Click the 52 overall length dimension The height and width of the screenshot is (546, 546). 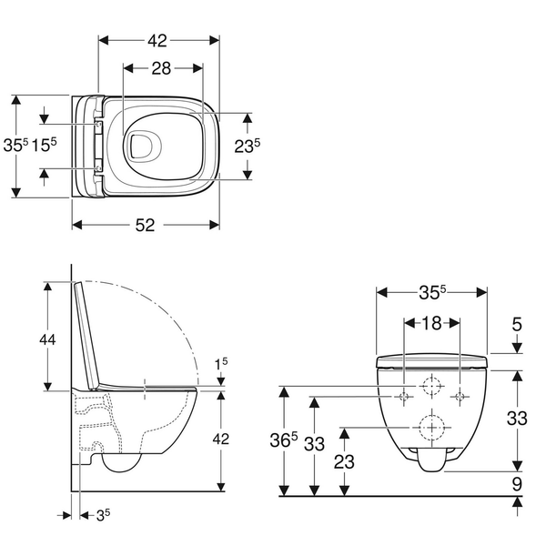point(145,226)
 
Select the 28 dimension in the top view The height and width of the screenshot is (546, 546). point(161,68)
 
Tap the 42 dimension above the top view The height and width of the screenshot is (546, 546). point(157,41)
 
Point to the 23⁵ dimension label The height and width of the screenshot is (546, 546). point(247,146)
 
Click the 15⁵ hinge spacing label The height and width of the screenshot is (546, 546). point(44,145)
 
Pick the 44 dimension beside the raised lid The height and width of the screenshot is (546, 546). point(47,339)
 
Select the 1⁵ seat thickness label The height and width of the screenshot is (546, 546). point(220,364)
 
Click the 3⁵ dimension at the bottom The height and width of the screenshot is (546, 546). point(103,515)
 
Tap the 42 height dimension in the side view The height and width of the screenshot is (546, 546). point(221,439)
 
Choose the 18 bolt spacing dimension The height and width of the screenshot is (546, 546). point(431,323)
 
